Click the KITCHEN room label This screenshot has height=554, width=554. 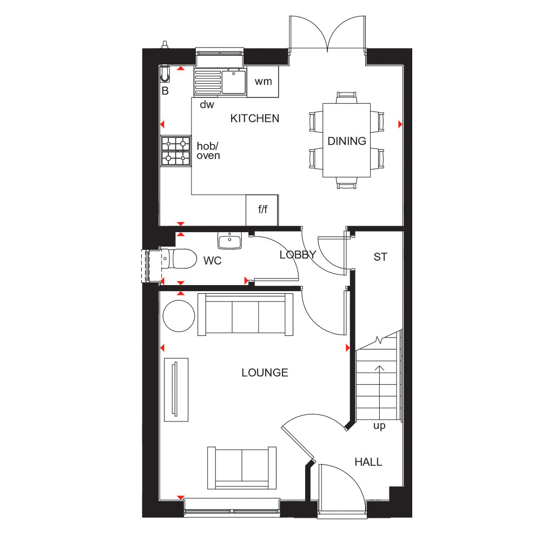[255, 118]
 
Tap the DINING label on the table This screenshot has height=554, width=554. [347, 141]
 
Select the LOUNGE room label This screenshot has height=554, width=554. [265, 373]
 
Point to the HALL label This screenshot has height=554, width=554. [368, 462]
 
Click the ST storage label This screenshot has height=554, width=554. [380, 257]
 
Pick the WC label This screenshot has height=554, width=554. [213, 261]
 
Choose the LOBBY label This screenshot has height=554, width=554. [298, 255]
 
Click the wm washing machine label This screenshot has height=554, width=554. [263, 82]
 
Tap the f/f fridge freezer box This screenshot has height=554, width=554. [262, 210]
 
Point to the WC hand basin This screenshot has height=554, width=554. [229, 240]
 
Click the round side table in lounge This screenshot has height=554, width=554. [179, 316]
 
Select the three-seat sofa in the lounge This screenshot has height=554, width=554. [246, 314]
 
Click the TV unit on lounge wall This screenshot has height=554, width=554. [176, 390]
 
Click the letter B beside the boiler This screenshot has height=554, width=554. [165, 91]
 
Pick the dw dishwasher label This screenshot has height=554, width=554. [207, 105]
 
